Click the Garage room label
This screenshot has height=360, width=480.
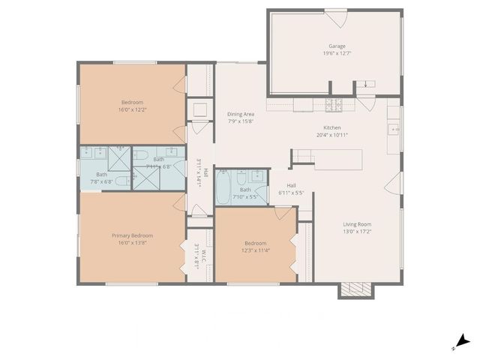[x=337, y=46]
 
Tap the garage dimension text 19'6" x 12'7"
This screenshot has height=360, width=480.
[x=337, y=53]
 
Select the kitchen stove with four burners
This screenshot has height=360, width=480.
[x=333, y=103]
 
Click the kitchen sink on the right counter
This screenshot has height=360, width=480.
[x=394, y=129]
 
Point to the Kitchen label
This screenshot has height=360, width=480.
[x=332, y=127]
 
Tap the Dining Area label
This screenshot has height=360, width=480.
[x=241, y=114]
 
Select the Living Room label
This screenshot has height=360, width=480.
[x=357, y=224]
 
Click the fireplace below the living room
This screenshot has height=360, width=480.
[x=356, y=290]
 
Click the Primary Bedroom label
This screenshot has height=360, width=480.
[x=132, y=235]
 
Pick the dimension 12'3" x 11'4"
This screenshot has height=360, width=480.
[x=255, y=250]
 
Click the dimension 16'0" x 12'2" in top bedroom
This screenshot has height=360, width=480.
[x=132, y=109]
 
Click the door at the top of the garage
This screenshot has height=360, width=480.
[x=334, y=14]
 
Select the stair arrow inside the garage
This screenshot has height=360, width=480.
[x=365, y=84]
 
